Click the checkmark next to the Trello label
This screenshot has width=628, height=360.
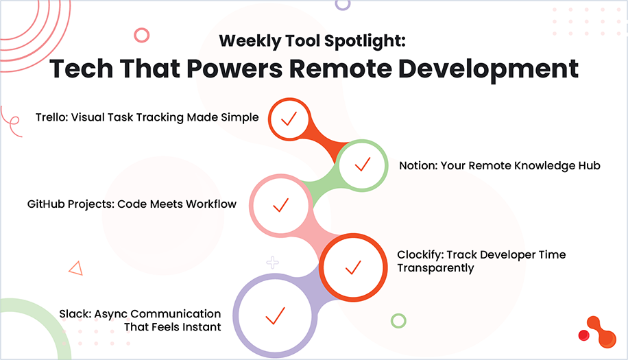(x=288, y=118)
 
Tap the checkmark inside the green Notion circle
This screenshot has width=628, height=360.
(x=361, y=165)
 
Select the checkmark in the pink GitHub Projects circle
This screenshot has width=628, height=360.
(x=280, y=204)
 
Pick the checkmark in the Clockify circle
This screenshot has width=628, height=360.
(x=352, y=267)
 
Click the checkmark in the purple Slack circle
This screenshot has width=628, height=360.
(x=274, y=315)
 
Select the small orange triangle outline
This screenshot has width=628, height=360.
(x=75, y=269)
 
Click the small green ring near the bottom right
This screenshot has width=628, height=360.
(x=398, y=320)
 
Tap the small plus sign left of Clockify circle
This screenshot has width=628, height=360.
(x=273, y=262)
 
